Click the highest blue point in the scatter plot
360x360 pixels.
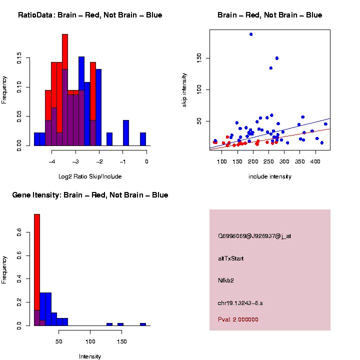[x=251, y=34]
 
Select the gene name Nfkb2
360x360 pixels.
[x=225, y=280]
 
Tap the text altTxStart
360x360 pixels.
[x=230, y=258]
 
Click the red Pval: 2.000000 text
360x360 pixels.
[x=238, y=319]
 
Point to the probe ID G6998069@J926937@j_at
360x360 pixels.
[x=254, y=236]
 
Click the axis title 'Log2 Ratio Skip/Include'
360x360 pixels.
[x=90, y=176]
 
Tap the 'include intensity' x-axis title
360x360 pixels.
[x=270, y=176]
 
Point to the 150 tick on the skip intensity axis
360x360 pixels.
[x=198, y=58]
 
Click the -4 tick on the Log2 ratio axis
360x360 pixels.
[x=52, y=161]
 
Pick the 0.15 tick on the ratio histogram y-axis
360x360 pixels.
[x=19, y=59]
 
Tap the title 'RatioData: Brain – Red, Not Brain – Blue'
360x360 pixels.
[x=90, y=15]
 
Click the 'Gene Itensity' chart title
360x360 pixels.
[x=90, y=195]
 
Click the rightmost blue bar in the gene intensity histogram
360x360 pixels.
[x=143, y=324]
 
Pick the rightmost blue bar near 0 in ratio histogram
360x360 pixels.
[x=143, y=139]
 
